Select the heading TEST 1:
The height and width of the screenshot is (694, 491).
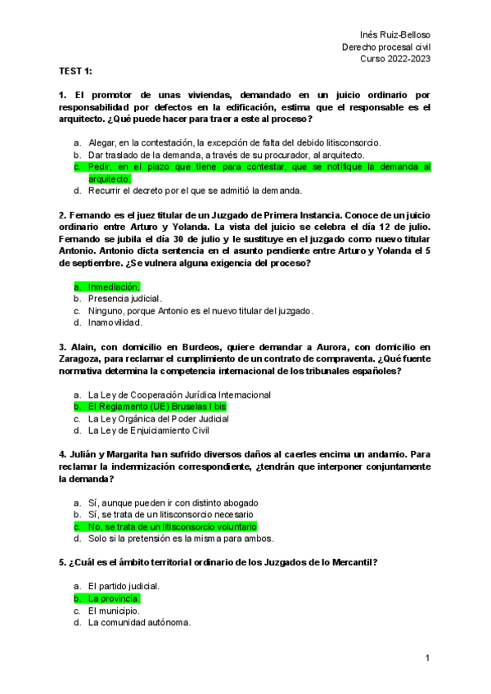[76, 72]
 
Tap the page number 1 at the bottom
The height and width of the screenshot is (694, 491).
[427, 659]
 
